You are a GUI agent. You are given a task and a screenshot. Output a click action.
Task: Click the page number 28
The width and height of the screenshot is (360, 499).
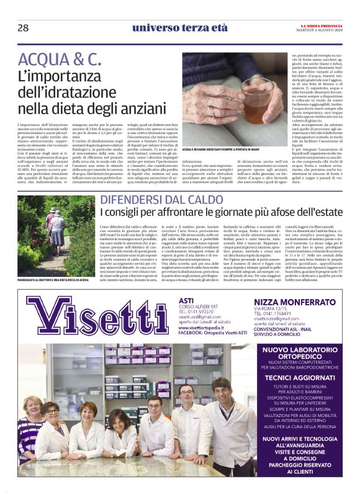click(x=23, y=27)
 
